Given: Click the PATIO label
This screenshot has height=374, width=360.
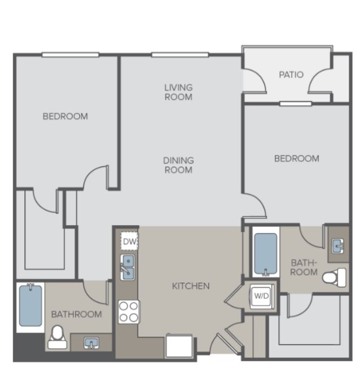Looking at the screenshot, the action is (x=291, y=74).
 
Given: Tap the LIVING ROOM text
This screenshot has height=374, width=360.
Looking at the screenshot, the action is (x=178, y=93).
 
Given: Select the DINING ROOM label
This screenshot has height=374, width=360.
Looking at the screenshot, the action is (x=178, y=165).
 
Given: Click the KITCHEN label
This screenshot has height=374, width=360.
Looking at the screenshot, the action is (x=191, y=286).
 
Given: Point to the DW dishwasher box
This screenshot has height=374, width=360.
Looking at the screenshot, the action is (x=129, y=241).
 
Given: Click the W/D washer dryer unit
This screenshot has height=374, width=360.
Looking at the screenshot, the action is (x=262, y=296).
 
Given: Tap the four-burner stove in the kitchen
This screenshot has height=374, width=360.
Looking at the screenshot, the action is (x=129, y=312).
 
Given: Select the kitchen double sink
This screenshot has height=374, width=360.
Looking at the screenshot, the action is (x=128, y=267).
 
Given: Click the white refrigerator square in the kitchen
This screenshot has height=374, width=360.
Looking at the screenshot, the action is (x=179, y=346).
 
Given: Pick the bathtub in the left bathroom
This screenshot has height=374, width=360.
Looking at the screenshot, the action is (x=30, y=306).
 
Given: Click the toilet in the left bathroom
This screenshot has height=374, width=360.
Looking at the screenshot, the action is (x=57, y=337).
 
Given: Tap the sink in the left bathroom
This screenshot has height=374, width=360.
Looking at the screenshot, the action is (x=91, y=343).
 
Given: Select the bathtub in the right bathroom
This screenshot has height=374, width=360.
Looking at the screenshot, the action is (x=266, y=254).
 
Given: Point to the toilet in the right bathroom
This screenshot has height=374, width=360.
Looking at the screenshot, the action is (x=334, y=278).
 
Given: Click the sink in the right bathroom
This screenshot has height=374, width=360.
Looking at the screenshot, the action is (x=338, y=246).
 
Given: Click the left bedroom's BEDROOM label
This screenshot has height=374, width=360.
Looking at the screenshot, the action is (x=65, y=116).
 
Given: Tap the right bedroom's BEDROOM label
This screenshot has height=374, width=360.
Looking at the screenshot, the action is (x=297, y=159).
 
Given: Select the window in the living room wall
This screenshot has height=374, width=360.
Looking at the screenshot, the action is (x=180, y=55).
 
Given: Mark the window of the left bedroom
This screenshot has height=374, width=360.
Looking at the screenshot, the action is (x=71, y=55).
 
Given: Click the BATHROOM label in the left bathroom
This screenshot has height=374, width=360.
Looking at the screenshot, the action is (x=76, y=314).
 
